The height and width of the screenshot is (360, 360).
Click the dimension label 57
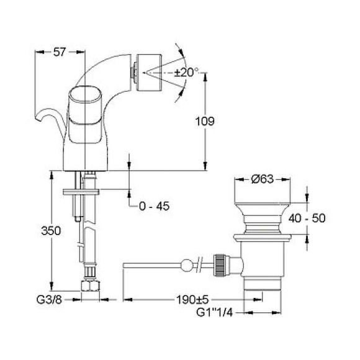click(60, 52)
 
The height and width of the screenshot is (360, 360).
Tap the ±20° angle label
click(186, 73)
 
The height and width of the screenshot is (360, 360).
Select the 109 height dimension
click(205, 121)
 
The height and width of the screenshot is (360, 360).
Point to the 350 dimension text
click(51, 230)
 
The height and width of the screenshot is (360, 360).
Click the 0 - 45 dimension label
click(155, 206)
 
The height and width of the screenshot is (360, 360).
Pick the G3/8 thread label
click(50, 300)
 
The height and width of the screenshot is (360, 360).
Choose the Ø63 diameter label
click(263, 179)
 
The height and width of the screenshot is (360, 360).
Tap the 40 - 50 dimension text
click(307, 218)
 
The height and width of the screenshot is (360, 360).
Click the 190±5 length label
click(192, 299)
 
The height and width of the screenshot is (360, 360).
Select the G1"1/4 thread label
click(215, 312)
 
